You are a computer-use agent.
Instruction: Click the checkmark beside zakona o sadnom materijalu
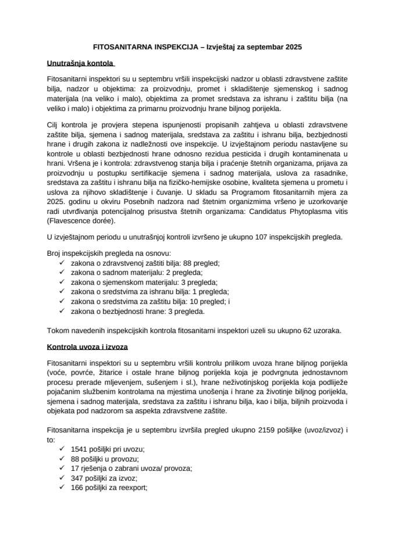[62, 272]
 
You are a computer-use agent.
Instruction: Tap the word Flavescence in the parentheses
[72, 221]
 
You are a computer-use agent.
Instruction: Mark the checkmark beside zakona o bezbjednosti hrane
[62, 310]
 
